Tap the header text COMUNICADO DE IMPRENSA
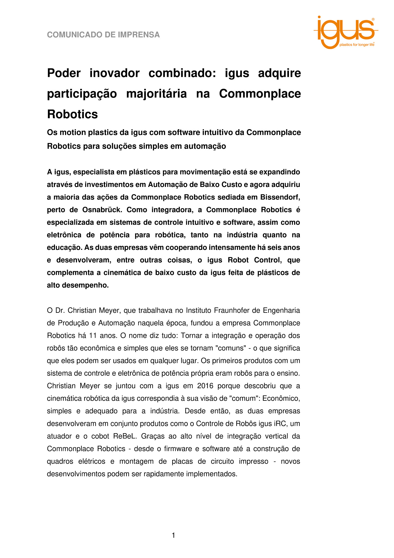[103, 35]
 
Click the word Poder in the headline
[64, 73]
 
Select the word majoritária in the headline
[156, 94]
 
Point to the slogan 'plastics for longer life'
[357, 45]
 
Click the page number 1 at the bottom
[174, 535]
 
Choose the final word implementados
[212, 474]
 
